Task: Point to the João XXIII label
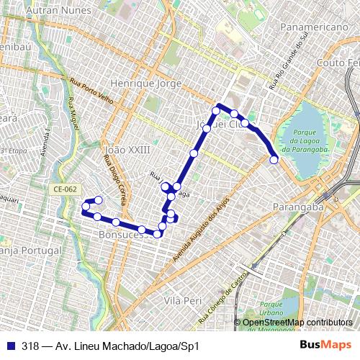pyautogui.click(x=127, y=150)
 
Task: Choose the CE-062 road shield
pyautogui.click(x=64, y=189)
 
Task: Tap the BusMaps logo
pyautogui.click(x=325, y=345)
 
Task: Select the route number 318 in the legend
pyautogui.click(x=30, y=345)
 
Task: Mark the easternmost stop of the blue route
pyautogui.click(x=274, y=160)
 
